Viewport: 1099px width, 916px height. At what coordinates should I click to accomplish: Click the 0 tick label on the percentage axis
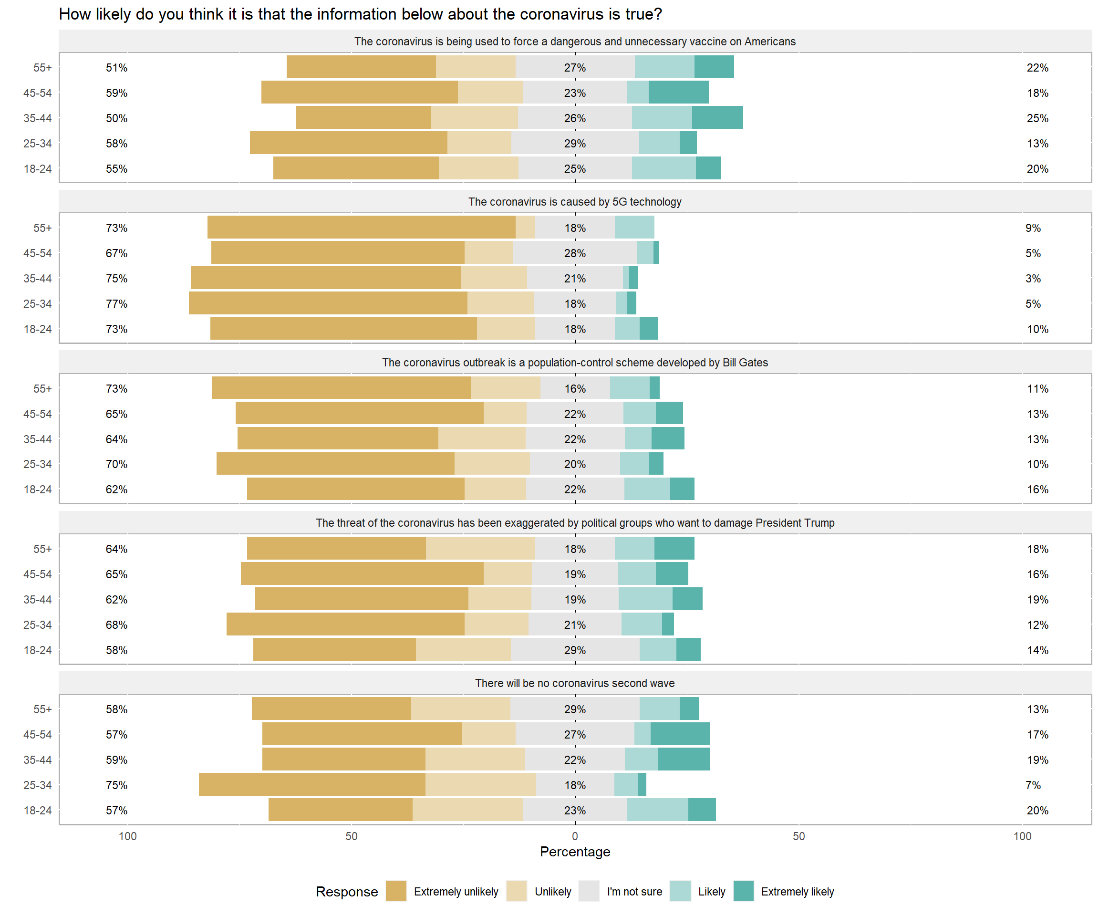click(x=575, y=836)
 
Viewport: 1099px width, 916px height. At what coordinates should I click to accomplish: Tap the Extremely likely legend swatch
click(x=743, y=891)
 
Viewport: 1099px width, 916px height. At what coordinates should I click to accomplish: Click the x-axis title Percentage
click(x=575, y=852)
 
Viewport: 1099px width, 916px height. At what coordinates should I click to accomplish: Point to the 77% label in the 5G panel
click(x=116, y=304)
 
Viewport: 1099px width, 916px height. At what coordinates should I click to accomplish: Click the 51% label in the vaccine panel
click(x=116, y=68)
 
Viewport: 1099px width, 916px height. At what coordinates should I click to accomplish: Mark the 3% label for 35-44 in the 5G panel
click(x=1033, y=279)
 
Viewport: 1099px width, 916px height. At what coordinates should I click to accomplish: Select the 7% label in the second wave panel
click(x=1033, y=785)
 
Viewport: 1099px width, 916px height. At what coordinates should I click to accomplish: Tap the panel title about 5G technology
click(x=575, y=202)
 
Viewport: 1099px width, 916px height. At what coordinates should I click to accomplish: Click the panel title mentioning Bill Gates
click(x=575, y=363)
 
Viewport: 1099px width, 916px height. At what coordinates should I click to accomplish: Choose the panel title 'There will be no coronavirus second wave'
click(x=575, y=684)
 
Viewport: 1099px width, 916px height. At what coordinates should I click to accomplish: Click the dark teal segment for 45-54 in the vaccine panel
click(x=678, y=93)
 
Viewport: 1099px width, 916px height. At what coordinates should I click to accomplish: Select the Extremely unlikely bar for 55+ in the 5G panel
click(x=361, y=228)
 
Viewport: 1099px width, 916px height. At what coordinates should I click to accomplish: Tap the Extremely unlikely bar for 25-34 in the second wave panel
click(x=312, y=785)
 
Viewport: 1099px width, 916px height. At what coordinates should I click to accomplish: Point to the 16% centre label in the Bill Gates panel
click(x=575, y=389)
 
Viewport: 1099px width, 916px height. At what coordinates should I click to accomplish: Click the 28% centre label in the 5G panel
click(x=575, y=253)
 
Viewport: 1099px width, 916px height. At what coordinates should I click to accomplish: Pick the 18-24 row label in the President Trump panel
click(x=38, y=651)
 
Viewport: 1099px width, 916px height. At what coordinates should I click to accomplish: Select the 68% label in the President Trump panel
click(x=116, y=625)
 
